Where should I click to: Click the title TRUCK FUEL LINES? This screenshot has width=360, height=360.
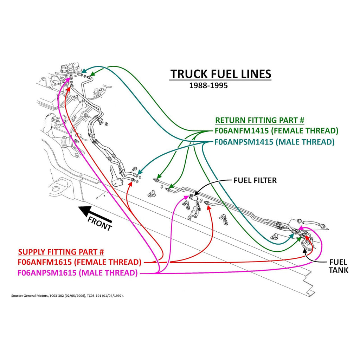[x=220, y=74]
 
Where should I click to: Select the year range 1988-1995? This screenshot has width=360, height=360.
[x=208, y=85]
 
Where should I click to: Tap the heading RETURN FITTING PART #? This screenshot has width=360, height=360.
[x=259, y=120]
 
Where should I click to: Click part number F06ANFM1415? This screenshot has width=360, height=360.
[x=242, y=131]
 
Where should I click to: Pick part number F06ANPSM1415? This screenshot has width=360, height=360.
[x=244, y=142]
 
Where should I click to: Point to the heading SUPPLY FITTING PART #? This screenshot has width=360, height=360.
[x=61, y=252]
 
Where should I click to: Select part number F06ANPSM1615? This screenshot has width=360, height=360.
[x=47, y=273]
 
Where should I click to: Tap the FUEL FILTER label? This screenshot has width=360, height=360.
[x=255, y=180]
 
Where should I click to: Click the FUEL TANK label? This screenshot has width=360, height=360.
[x=339, y=266]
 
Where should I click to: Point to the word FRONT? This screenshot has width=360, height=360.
[x=99, y=224]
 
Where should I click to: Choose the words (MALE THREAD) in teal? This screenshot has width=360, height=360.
[x=304, y=142]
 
